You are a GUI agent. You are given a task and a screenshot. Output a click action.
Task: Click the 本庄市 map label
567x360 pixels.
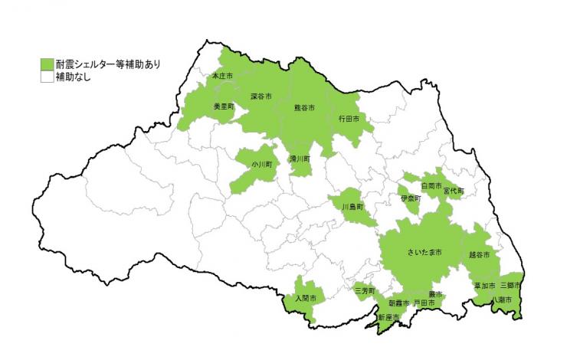pos(222,76)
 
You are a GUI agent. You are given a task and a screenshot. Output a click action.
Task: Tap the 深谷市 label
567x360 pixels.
pos(263,97)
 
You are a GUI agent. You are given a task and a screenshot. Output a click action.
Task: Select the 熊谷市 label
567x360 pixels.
pos(305,108)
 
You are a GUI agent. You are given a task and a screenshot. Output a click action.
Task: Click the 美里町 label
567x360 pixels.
pos(224,107)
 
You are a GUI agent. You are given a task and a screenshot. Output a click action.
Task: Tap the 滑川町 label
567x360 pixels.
pos(300,159)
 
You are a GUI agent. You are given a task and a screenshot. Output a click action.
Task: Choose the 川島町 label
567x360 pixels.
pos(352,207)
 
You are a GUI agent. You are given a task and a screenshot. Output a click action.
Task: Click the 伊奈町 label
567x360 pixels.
pos(411,198)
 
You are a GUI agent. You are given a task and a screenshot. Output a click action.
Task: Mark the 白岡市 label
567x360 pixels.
pos(432,185)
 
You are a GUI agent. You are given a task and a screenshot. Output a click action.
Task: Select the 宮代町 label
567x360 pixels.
pos(454,191)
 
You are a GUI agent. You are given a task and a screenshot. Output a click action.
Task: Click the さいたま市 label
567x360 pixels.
pos(423,252)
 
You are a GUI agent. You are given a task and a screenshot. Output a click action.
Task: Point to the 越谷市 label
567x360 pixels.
pos(480,254)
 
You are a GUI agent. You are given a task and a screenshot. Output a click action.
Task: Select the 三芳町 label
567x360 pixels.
pos(365,291)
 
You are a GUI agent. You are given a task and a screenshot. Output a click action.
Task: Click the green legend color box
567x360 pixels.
pos(48,64)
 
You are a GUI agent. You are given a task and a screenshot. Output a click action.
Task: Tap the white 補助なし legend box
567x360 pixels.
pos(48,77)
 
